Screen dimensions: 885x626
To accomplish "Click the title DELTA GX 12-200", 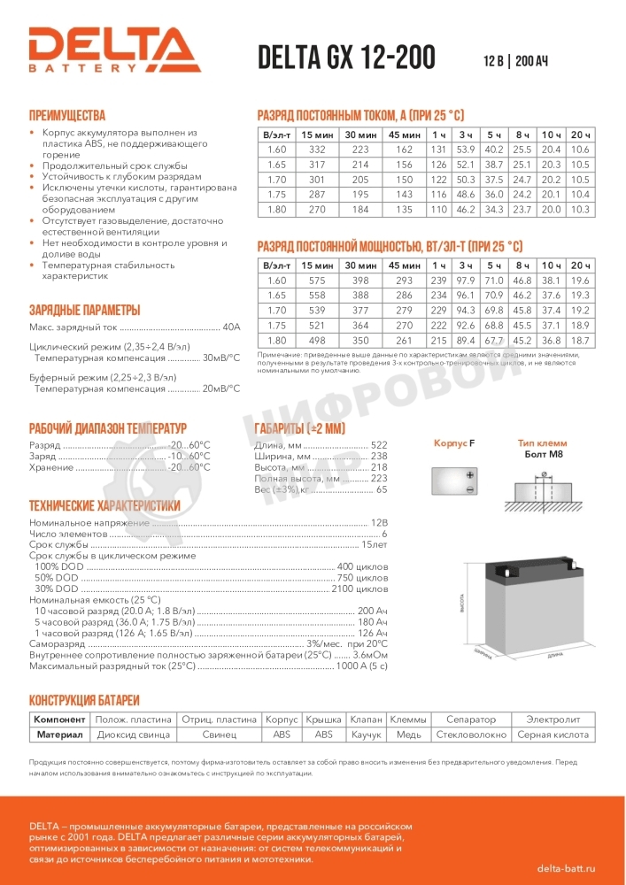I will [x=345, y=58].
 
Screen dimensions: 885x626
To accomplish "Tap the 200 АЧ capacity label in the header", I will [x=531, y=61].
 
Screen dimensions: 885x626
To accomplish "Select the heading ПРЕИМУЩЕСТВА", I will [x=67, y=115].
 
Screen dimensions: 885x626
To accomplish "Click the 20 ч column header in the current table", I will [x=581, y=134].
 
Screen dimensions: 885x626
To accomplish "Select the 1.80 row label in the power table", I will [x=276, y=341].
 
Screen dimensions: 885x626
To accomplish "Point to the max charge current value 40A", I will [x=231, y=327].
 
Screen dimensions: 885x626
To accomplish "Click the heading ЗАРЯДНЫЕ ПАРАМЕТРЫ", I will [x=84, y=310].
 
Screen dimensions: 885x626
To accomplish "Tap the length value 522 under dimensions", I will [x=379, y=445].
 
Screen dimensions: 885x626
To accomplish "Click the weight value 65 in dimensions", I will [x=382, y=489].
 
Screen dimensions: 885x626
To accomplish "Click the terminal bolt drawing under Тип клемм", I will [x=543, y=486].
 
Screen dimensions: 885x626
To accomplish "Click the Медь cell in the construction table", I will [x=409, y=735].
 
